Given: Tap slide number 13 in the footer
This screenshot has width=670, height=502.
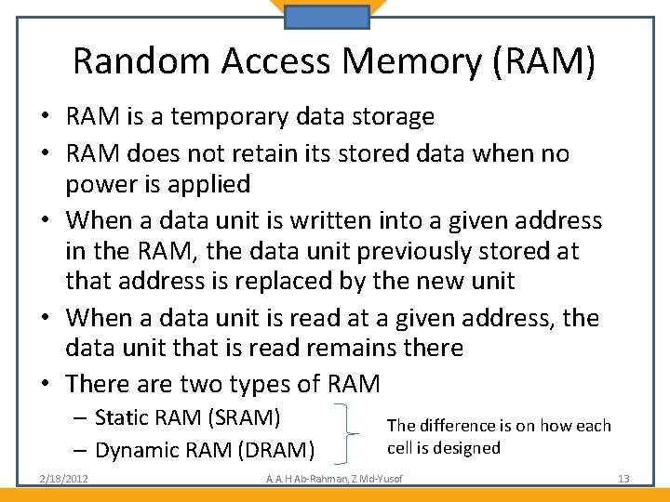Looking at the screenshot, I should point(623,479).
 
